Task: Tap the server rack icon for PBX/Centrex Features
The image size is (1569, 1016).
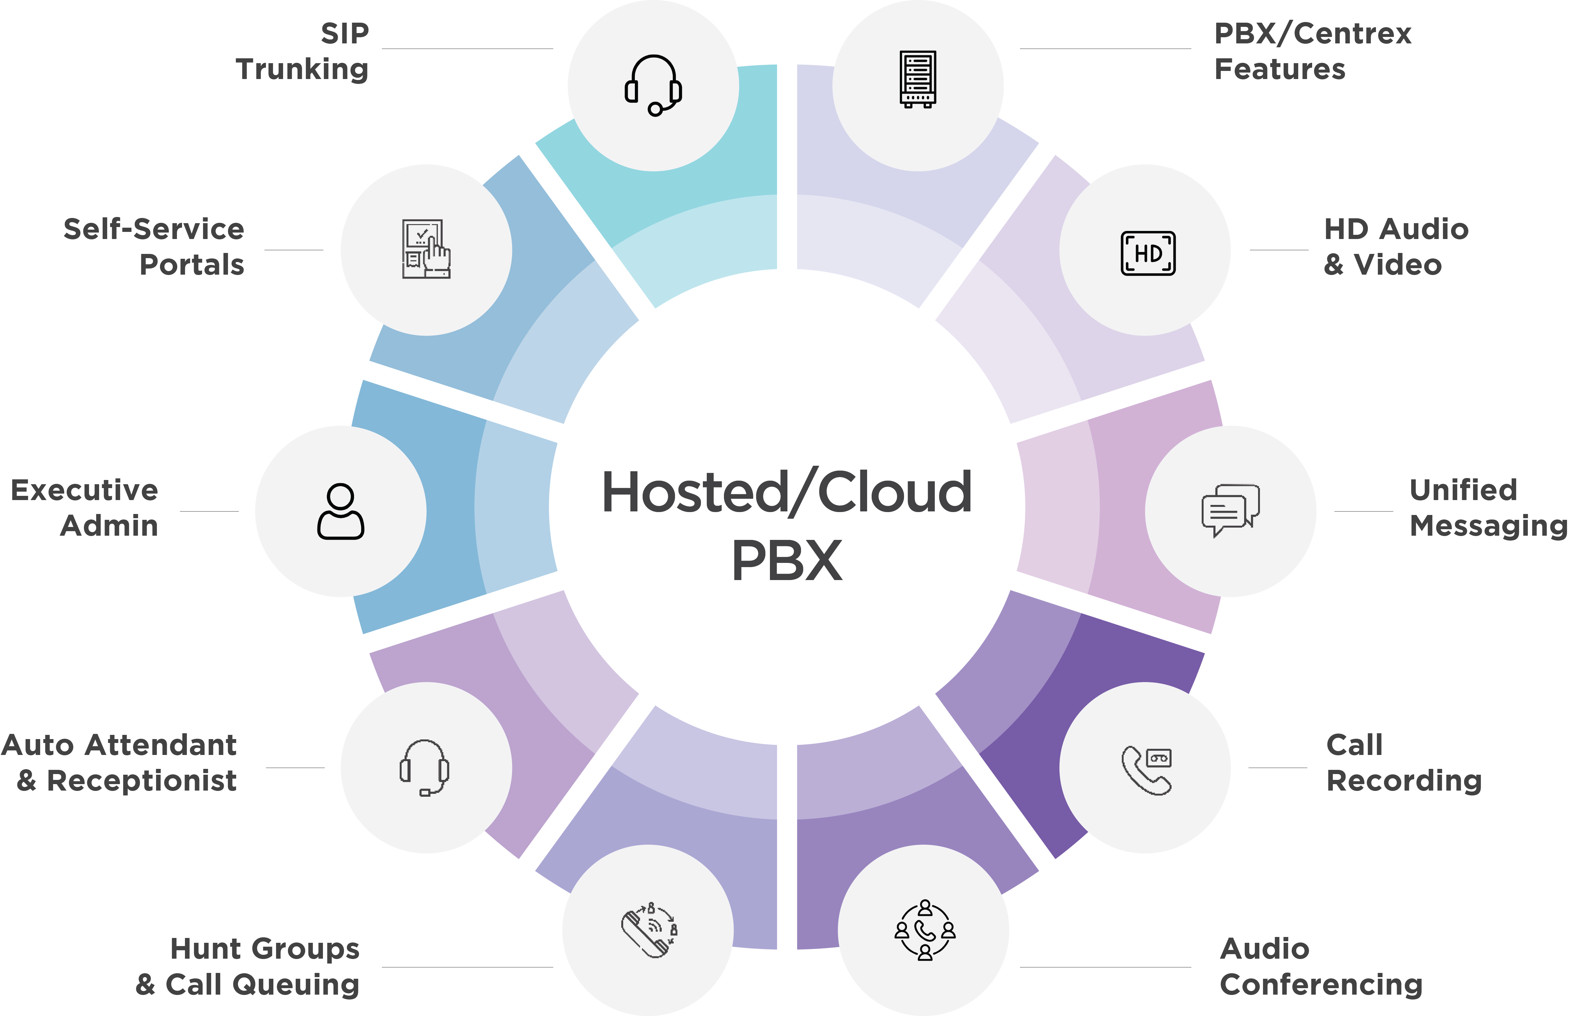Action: (918, 79)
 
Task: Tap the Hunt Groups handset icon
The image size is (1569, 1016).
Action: (649, 930)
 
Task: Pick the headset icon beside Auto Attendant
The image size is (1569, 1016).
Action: (425, 768)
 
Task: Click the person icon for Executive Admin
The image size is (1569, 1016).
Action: (340, 512)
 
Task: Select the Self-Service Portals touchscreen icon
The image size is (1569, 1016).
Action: (426, 249)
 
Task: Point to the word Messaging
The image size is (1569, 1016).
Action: (1488, 526)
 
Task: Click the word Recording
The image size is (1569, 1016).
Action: (1404, 781)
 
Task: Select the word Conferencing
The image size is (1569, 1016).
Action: (1321, 984)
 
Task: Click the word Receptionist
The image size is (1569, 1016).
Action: (142, 781)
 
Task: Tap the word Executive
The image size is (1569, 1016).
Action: (85, 491)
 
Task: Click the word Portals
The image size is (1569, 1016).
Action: (192, 264)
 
